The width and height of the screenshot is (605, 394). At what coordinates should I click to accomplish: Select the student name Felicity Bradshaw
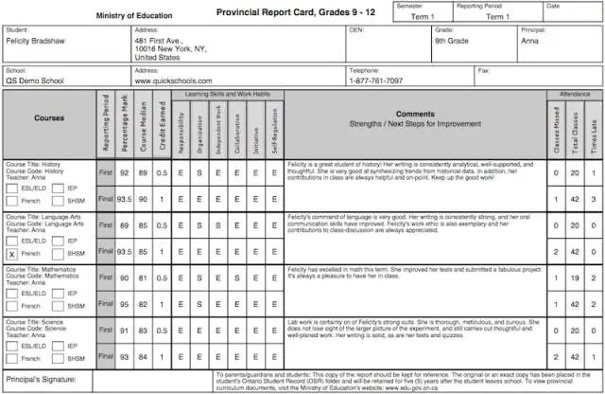point(41,41)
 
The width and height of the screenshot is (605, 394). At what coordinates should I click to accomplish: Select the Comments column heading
point(415,118)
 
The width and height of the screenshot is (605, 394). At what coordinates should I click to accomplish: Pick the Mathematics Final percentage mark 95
point(124,305)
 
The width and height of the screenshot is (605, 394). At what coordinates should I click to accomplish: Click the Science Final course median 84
point(144,358)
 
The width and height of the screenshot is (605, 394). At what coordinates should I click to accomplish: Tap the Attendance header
point(572,95)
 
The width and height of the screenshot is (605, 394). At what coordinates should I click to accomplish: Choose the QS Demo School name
point(35,81)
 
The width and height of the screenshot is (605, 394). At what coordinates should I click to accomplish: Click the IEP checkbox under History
point(58,188)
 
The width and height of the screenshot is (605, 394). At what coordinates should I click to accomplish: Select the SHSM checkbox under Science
point(58,359)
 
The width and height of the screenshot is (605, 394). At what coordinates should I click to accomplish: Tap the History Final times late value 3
point(594,200)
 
